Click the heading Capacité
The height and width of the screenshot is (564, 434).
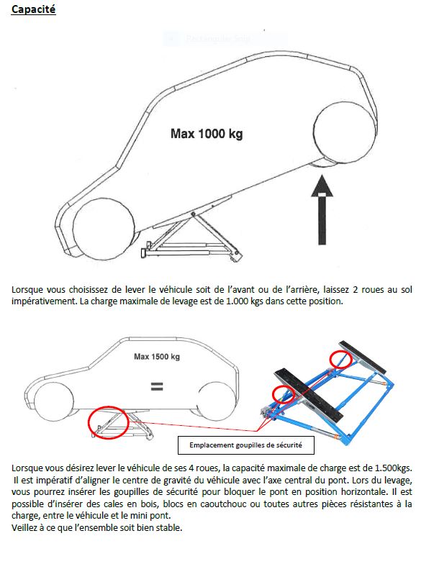[34, 12]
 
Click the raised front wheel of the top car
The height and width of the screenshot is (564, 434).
[345, 132]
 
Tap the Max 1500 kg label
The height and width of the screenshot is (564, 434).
[157, 356]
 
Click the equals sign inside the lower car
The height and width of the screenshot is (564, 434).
[156, 386]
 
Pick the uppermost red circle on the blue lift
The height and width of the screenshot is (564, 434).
[338, 358]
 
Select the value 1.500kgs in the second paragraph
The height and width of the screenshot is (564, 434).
[392, 467]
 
